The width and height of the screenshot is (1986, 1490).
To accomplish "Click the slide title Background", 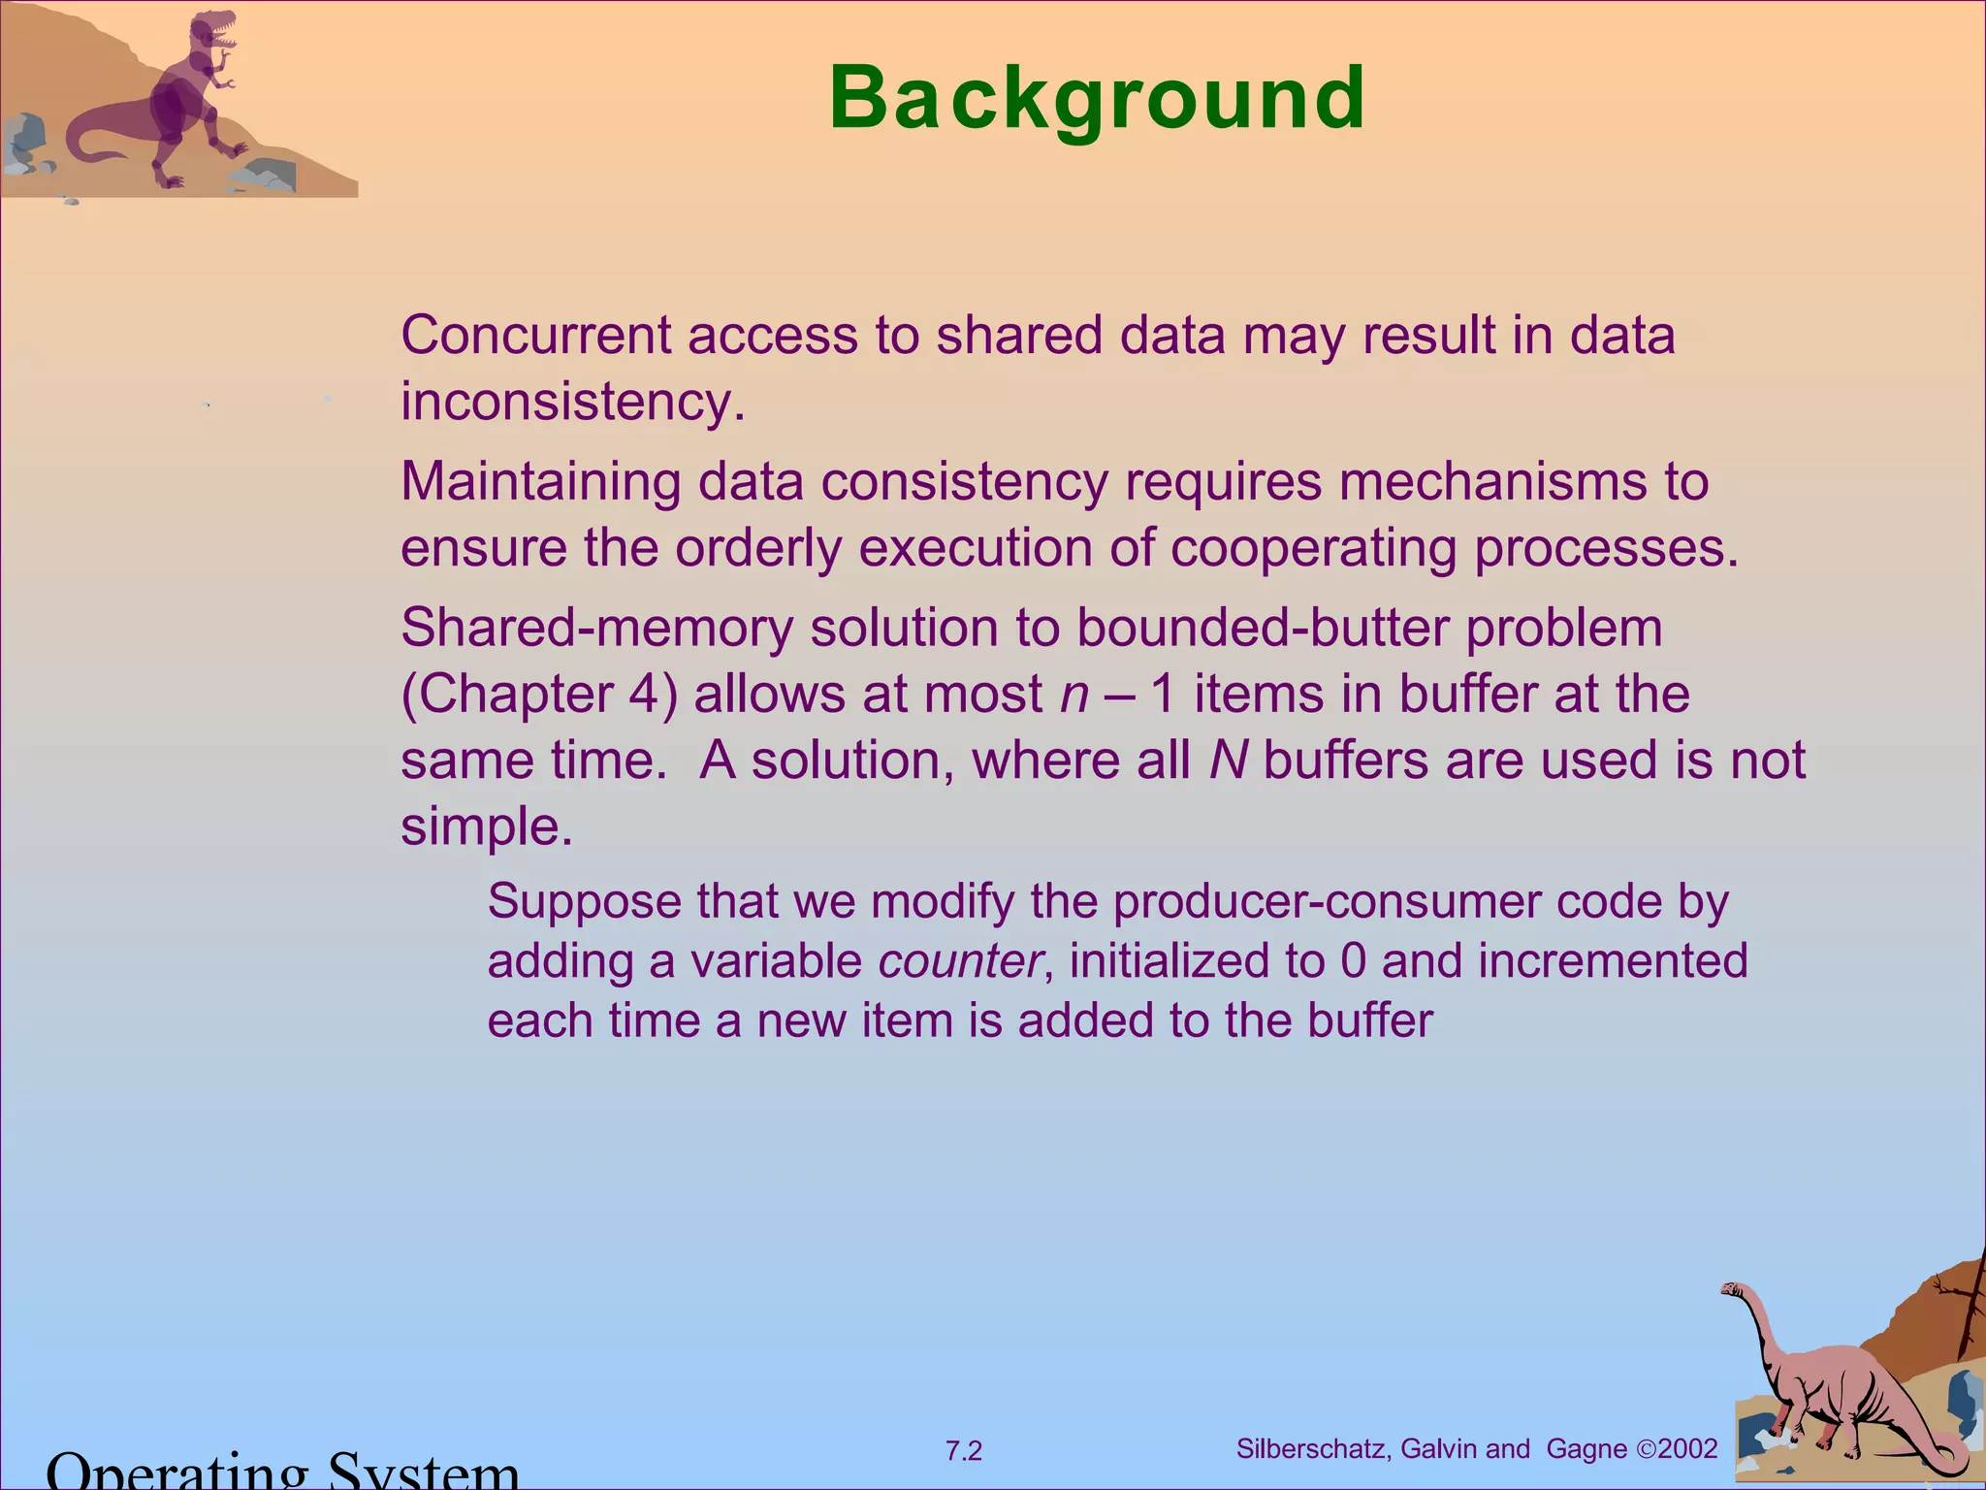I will pos(1097,98).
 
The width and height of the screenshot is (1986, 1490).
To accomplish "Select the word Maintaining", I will pos(540,482).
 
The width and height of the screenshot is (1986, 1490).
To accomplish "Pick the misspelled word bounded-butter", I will pos(1262,629).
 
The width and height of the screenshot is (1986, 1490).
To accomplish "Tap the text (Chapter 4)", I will pos(538,695).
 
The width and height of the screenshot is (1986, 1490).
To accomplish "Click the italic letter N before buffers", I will pos(1227,761).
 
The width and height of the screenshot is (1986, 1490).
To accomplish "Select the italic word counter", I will pos(960,961).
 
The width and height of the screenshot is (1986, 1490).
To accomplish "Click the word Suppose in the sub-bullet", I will pos(585,902).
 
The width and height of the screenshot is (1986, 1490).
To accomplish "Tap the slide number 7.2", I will pos(963,1451).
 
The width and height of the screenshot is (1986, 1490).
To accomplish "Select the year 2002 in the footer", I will pos(1687,1449).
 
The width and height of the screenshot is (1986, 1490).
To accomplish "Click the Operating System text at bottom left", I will pos(281,1470).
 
